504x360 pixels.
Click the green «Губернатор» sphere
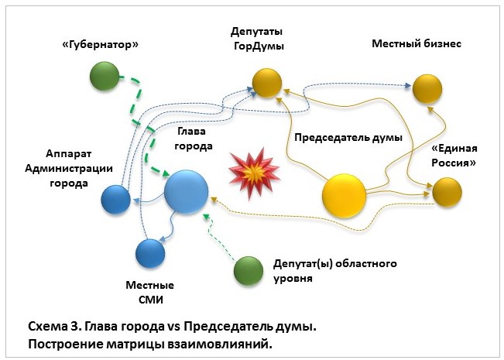105,76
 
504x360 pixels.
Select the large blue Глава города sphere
187,190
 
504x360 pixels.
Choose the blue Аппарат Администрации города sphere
116,199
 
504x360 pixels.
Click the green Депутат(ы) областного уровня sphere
249,270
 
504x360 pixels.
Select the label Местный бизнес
417,44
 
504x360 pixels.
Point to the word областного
362,264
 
